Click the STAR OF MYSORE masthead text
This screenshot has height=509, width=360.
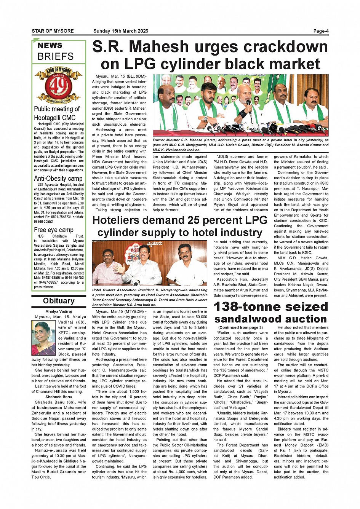pos(53,31)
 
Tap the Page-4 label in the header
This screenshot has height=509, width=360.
pos(321,31)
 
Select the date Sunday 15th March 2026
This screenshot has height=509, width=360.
pos(121,31)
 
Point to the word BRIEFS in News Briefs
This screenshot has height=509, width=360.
pos(56,57)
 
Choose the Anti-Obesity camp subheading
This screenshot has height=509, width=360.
pos(58,179)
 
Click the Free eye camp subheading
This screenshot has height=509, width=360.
pos(54,230)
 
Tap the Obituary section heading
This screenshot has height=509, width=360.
pos(59,301)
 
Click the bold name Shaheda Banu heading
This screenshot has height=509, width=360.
pos(59,397)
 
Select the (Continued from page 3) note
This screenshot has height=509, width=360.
pos(240,327)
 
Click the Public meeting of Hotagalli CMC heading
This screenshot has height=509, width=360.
pos(57,113)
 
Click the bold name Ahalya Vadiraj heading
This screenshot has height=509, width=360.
pos(59,311)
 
